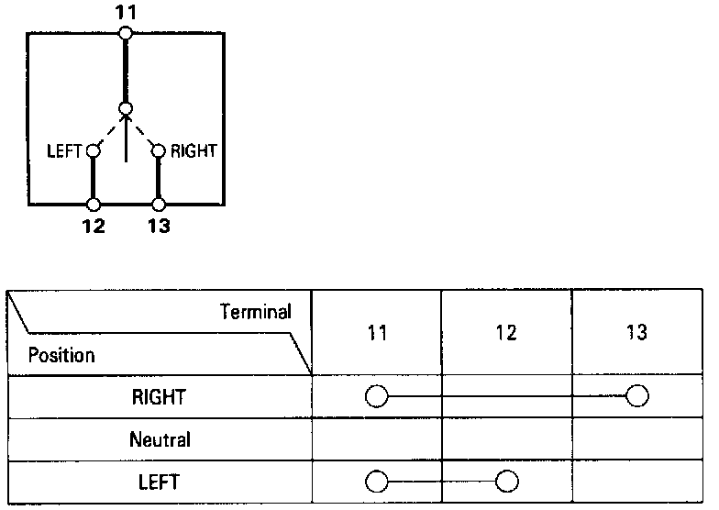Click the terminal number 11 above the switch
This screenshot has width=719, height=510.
point(126,13)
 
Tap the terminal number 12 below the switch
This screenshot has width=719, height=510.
point(94,226)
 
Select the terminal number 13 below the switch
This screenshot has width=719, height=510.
point(159,226)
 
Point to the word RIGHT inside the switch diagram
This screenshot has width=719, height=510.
point(193,150)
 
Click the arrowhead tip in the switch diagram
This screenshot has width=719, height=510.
point(126,116)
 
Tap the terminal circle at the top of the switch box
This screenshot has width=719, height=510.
point(126,34)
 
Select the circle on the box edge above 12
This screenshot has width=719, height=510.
point(94,205)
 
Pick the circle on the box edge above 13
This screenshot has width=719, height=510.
point(159,205)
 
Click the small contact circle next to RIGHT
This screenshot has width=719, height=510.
point(159,150)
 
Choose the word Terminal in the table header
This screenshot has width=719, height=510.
point(256,312)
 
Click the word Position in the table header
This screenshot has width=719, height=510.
point(61,354)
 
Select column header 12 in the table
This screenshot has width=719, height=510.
point(507,333)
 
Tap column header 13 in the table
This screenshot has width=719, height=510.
point(636,333)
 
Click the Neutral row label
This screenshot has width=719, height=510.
point(160,439)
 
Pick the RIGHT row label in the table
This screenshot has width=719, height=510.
point(160,398)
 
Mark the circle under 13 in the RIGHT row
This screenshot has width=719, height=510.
point(636,396)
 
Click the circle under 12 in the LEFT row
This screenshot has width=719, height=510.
point(507,481)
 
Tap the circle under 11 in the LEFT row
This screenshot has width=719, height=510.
point(376,481)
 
